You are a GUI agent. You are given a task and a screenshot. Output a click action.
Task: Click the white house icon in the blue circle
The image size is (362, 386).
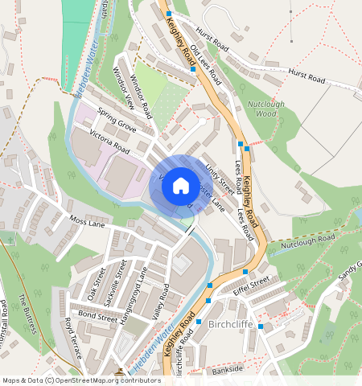pyautogui.click(x=181, y=186)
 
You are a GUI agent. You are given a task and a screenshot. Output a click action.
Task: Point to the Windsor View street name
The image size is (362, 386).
pyautogui.click(x=124, y=91)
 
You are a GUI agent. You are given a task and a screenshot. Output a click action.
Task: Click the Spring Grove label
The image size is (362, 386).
pyautogui.click(x=117, y=120)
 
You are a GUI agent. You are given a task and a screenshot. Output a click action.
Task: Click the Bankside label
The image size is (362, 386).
pyautogui.click(x=227, y=368)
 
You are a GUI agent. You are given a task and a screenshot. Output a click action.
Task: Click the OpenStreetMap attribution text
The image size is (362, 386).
pyautogui.click(x=80, y=380)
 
